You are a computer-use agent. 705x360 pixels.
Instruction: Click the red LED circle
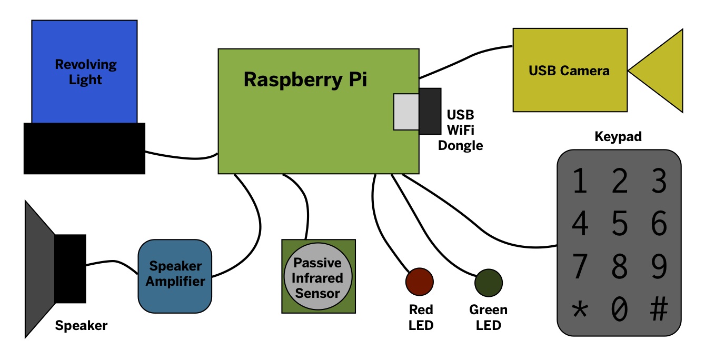[x=419, y=281]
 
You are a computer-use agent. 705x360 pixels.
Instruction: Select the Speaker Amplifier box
[x=175, y=275]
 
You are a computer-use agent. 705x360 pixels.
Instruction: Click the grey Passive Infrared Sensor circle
[x=317, y=277]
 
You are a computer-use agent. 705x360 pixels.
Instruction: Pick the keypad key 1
[x=579, y=181]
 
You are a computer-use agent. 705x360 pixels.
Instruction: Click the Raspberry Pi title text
[x=305, y=79]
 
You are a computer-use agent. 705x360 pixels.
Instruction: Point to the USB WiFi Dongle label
[x=460, y=129]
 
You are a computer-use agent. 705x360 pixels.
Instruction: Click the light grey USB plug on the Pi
[x=406, y=111]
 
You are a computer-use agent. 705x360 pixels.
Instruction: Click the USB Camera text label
[x=569, y=71]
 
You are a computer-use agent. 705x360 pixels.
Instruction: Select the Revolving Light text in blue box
[x=85, y=72]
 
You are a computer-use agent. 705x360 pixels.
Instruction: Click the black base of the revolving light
[x=84, y=148]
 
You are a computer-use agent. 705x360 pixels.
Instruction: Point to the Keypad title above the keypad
[x=618, y=137]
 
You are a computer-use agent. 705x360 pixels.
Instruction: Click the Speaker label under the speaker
[x=81, y=326]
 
